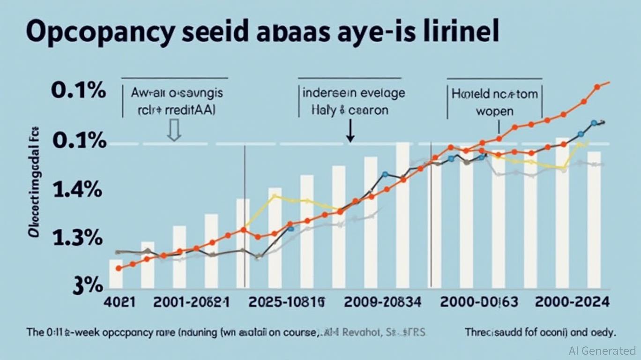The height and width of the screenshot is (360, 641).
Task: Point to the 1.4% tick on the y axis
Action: click(x=77, y=190)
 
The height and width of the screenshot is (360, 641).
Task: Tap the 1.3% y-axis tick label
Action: click(x=77, y=238)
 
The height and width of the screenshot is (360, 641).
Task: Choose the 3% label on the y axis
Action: click(x=87, y=285)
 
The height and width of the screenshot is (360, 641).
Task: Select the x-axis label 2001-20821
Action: click(x=192, y=301)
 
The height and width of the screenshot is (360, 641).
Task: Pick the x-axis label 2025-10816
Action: click(x=287, y=301)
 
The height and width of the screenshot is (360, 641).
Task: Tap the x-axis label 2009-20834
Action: click(x=382, y=301)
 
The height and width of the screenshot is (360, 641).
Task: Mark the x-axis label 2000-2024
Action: click(x=573, y=301)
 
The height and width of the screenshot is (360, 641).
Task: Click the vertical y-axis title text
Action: click(x=33, y=183)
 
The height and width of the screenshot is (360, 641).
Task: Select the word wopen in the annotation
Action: click(x=494, y=112)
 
